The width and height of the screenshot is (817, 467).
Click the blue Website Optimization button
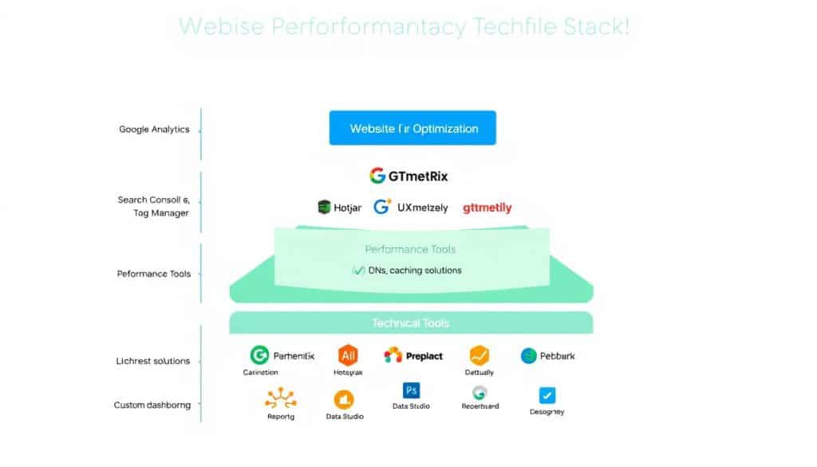click(412, 129)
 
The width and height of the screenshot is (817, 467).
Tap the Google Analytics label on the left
click(154, 129)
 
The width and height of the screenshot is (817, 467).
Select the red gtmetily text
click(487, 208)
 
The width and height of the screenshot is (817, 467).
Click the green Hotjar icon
click(324, 208)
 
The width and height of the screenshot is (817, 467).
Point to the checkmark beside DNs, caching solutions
click(358, 271)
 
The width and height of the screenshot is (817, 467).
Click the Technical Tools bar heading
click(410, 323)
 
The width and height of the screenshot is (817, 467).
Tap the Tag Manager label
click(162, 213)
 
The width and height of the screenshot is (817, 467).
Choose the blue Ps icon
click(412, 390)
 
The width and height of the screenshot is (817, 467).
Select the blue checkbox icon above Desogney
click(547, 395)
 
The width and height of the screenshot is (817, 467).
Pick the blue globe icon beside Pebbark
click(528, 356)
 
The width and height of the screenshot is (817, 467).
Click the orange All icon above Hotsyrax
click(348, 356)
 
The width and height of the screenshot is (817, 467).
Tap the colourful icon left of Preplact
click(393, 356)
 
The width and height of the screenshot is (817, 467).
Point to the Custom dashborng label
click(152, 406)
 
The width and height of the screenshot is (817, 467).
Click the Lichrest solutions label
click(152, 361)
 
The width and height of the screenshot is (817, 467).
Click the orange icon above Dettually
click(479, 356)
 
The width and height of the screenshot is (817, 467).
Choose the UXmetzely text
click(411, 208)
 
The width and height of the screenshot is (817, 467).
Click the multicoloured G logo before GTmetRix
click(377, 175)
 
